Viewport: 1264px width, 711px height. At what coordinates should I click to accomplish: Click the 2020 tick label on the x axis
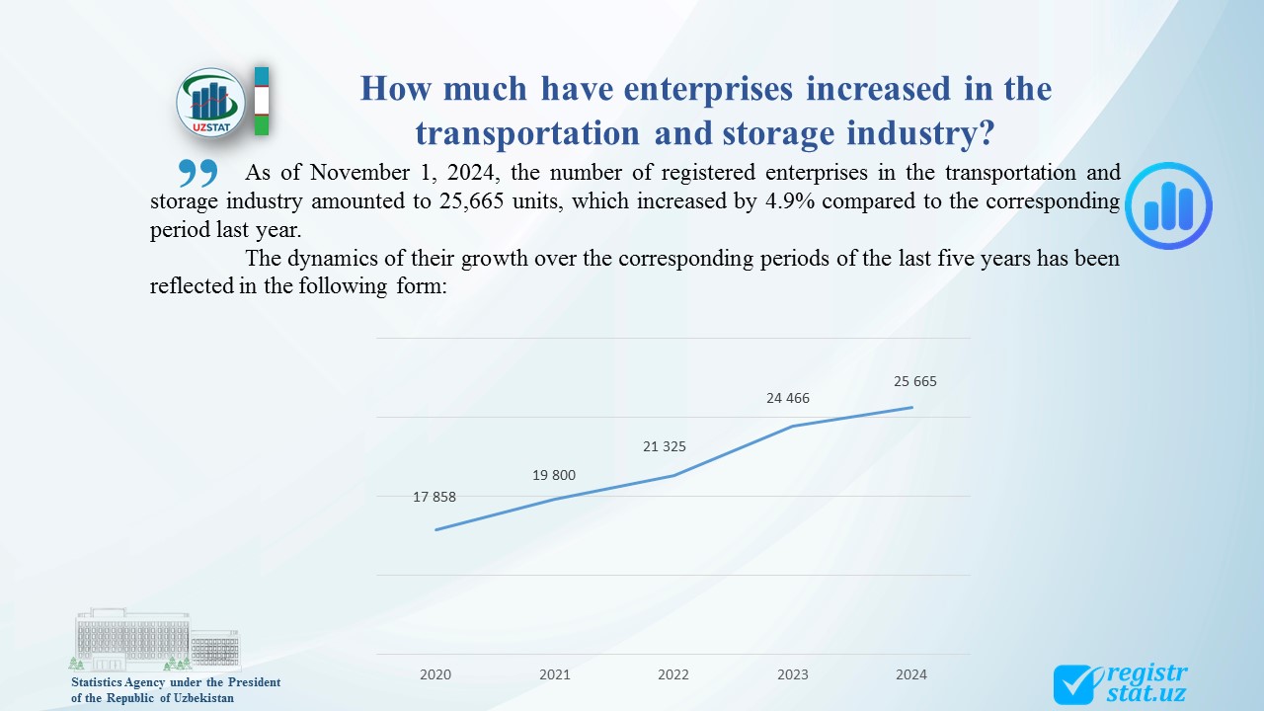click(x=435, y=674)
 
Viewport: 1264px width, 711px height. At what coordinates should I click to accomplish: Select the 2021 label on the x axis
click(x=555, y=674)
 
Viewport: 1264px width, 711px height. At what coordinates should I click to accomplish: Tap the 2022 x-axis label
click(x=673, y=674)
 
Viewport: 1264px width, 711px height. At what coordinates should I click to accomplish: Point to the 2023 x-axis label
click(x=793, y=674)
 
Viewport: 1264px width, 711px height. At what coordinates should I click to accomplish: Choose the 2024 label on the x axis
click(x=911, y=674)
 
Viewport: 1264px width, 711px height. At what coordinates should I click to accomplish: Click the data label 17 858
click(x=434, y=497)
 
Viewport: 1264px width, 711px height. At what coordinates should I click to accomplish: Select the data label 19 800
click(x=554, y=475)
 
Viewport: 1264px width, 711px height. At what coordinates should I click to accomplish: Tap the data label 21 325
click(x=665, y=446)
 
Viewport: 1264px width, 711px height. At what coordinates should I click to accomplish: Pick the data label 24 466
click(x=788, y=398)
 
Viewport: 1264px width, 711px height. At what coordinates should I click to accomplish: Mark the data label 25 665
click(x=914, y=381)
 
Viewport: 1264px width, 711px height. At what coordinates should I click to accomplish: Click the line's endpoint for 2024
click(x=911, y=407)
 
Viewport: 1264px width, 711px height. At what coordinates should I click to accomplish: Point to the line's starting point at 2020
click(x=435, y=529)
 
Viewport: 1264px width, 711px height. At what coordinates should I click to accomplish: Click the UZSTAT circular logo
click(x=210, y=102)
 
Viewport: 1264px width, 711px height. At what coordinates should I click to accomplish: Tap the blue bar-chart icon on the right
click(x=1169, y=205)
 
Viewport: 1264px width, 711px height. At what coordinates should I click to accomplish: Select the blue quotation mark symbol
click(x=197, y=173)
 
